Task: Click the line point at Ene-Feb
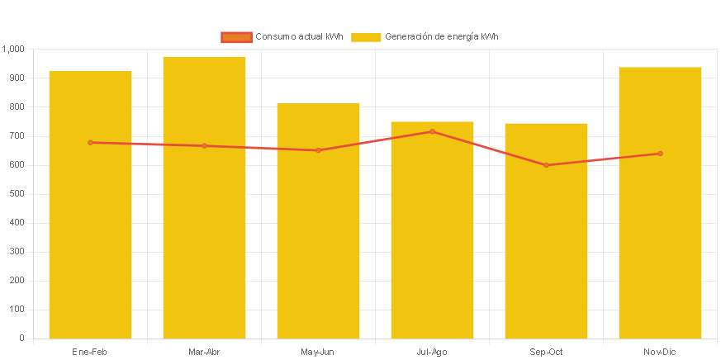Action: [90, 143]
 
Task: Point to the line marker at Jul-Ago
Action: [432, 131]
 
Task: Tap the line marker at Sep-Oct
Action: [546, 165]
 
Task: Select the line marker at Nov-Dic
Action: [660, 154]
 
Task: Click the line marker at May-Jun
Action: [318, 150]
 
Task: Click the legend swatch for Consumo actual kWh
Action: [236, 37]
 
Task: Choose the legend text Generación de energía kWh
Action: [441, 37]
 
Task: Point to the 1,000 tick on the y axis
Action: [13, 50]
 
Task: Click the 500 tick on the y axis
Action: [17, 194]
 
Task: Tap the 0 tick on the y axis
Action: [21, 339]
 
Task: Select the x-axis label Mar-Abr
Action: [204, 353]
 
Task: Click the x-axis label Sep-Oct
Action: [546, 353]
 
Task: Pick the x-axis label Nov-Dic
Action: [660, 353]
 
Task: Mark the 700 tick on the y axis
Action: [17, 136]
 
